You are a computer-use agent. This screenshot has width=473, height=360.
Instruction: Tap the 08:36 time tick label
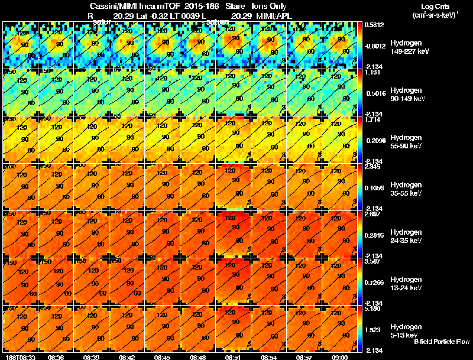[x=56, y=357]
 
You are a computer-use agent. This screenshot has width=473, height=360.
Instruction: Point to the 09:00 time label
[x=340, y=357]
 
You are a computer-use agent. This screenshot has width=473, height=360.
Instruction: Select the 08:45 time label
[x=163, y=357]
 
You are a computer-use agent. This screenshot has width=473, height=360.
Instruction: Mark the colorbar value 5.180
[x=373, y=309]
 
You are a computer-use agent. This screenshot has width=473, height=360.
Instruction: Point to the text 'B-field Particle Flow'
[x=441, y=342]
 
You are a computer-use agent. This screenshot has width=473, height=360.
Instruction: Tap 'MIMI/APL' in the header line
[x=270, y=15]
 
